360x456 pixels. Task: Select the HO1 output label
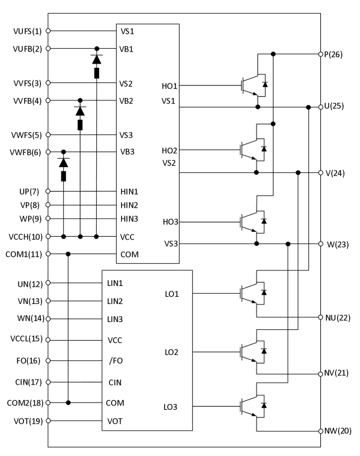tap(170, 86)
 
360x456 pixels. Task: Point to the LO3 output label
tap(170, 408)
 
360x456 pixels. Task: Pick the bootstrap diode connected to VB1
tap(96, 58)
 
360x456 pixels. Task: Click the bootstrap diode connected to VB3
tap(63, 162)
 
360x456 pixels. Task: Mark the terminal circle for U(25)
tap(320, 108)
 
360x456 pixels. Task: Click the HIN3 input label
tap(129, 219)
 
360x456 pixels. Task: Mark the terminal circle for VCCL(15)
tap(48, 340)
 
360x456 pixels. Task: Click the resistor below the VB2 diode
tap(80, 125)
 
